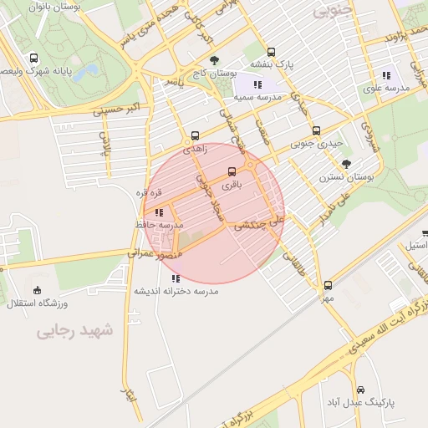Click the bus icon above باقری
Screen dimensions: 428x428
pyautogui.click(x=232, y=171)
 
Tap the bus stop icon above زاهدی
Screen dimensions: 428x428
pyautogui.click(x=195, y=135)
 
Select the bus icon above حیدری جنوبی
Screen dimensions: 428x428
pyautogui.click(x=316, y=130)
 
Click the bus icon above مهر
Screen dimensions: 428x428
pyautogui.click(x=329, y=285)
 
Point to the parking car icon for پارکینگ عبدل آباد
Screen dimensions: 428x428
pyautogui.click(x=360, y=390)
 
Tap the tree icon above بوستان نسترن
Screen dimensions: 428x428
pyautogui.click(x=347, y=164)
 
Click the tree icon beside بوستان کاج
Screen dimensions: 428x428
pyautogui.click(x=215, y=60)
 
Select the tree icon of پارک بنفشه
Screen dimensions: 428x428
pyautogui.click(x=258, y=48)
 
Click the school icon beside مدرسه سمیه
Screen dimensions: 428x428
pyautogui.click(x=258, y=84)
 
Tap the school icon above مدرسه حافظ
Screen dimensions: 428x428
pyautogui.click(x=159, y=212)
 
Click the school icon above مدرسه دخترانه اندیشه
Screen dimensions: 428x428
pyautogui.click(x=175, y=278)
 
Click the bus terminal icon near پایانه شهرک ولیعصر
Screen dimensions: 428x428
pyautogui.click(x=33, y=59)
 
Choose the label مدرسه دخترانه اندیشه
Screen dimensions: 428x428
pyautogui.click(x=176, y=291)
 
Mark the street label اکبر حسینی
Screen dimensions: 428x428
pyautogui.click(x=120, y=109)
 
